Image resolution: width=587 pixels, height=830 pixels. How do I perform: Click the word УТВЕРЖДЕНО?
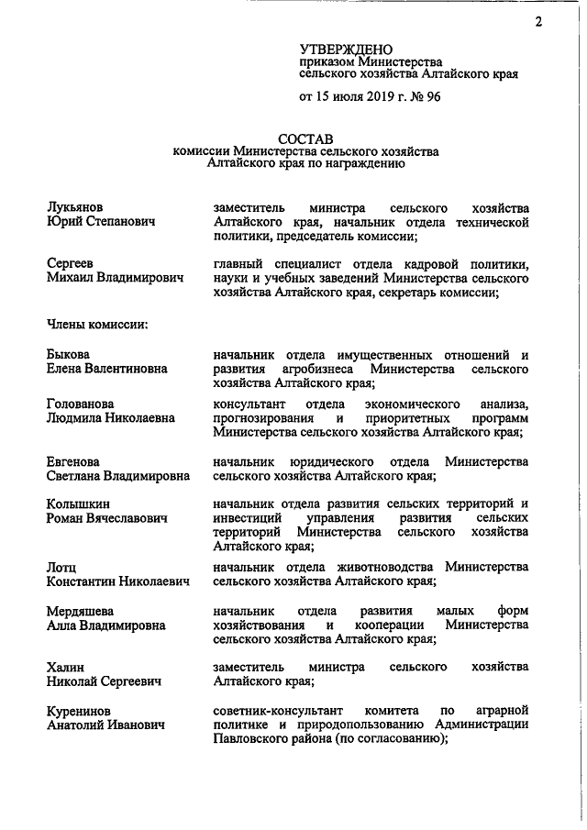point(346,49)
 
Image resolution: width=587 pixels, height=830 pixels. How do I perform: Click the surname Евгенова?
point(75,461)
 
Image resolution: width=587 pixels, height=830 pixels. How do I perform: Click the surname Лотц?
point(61,569)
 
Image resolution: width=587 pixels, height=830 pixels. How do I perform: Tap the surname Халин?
point(67,667)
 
